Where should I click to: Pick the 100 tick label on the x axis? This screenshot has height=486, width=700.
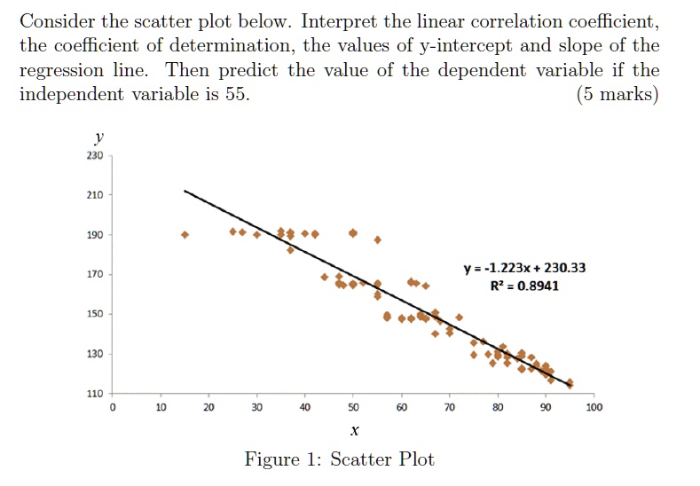click(594, 408)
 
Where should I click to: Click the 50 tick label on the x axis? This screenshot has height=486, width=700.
click(353, 408)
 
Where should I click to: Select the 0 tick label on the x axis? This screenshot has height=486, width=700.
click(113, 408)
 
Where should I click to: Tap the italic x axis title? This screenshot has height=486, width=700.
click(353, 431)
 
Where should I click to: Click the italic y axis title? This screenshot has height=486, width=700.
click(98, 138)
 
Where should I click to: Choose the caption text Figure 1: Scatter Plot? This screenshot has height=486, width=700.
click(340, 459)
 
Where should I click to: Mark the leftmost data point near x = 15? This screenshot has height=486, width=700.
click(185, 235)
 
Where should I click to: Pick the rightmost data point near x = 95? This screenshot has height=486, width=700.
click(570, 383)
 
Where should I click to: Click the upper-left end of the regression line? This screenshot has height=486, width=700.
click(185, 191)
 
